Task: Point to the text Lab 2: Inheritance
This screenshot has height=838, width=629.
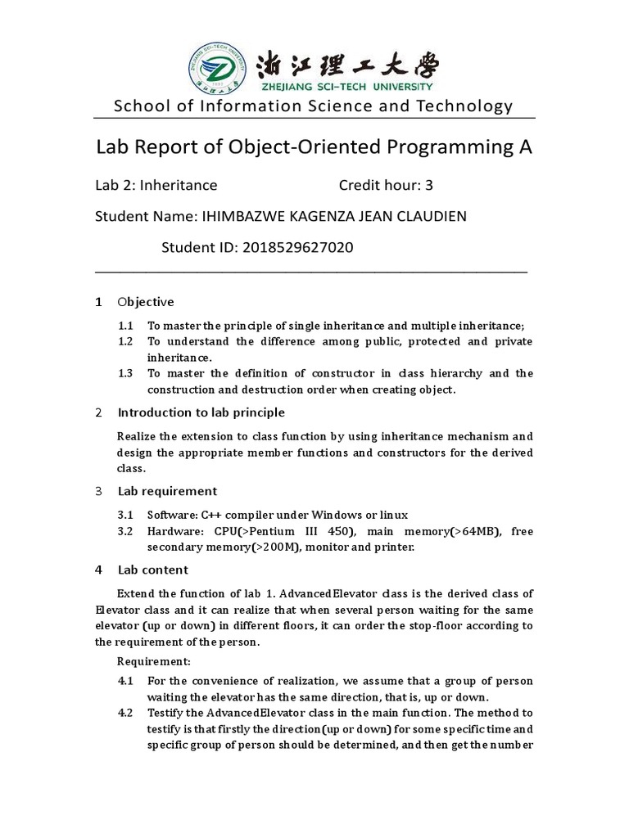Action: [x=156, y=185]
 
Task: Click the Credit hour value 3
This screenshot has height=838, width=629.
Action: [x=428, y=185]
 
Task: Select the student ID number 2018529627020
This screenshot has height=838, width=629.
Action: [x=297, y=246]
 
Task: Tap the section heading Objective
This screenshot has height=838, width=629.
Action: [x=146, y=302]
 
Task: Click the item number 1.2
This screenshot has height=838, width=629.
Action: [x=125, y=341]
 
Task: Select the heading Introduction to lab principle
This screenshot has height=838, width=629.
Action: [x=201, y=412]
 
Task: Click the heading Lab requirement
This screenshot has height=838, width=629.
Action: [x=167, y=491]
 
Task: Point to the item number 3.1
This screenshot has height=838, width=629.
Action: [x=125, y=516]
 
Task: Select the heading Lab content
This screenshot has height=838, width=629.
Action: [x=152, y=570]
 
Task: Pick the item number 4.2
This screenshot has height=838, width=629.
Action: [x=125, y=713]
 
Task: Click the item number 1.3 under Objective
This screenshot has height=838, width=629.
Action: [x=125, y=373]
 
